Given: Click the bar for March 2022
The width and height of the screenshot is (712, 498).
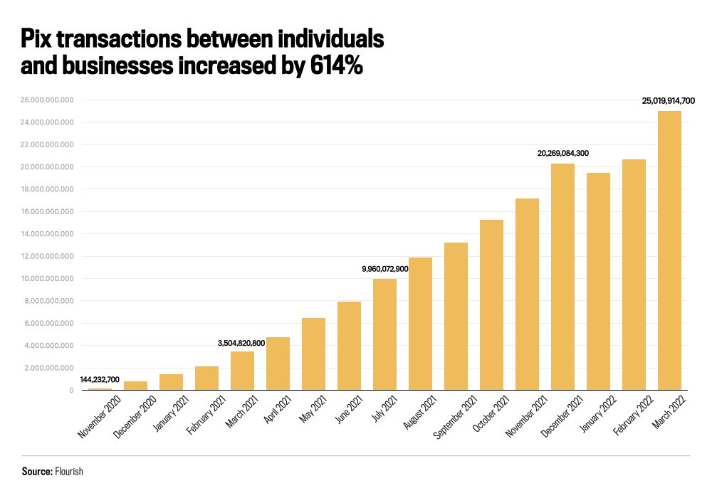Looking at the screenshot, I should coord(669,250).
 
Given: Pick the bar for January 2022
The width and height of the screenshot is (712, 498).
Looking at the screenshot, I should coord(598,282).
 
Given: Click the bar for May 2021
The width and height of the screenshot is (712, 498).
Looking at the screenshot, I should coord(313,354).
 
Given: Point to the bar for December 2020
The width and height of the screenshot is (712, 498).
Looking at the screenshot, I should coord(135,386).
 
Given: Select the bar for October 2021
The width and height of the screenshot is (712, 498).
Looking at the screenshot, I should coord(491,305).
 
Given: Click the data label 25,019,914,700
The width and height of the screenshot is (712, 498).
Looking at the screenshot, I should coord(668,101).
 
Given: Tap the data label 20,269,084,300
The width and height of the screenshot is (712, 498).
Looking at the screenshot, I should coord(562,153).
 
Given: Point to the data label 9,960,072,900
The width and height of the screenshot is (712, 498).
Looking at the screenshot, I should coord(384,268).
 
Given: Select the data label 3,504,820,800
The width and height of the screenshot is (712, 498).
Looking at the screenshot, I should coord(241,343).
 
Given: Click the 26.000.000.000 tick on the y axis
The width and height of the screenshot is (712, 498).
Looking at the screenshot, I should coord(48,100).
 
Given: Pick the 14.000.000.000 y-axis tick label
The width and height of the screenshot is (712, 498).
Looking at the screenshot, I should coord(48,234).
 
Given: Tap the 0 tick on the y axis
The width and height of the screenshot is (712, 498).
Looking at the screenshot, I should coord(71,391).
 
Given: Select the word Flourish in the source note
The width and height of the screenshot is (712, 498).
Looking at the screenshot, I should coord(68,472).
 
